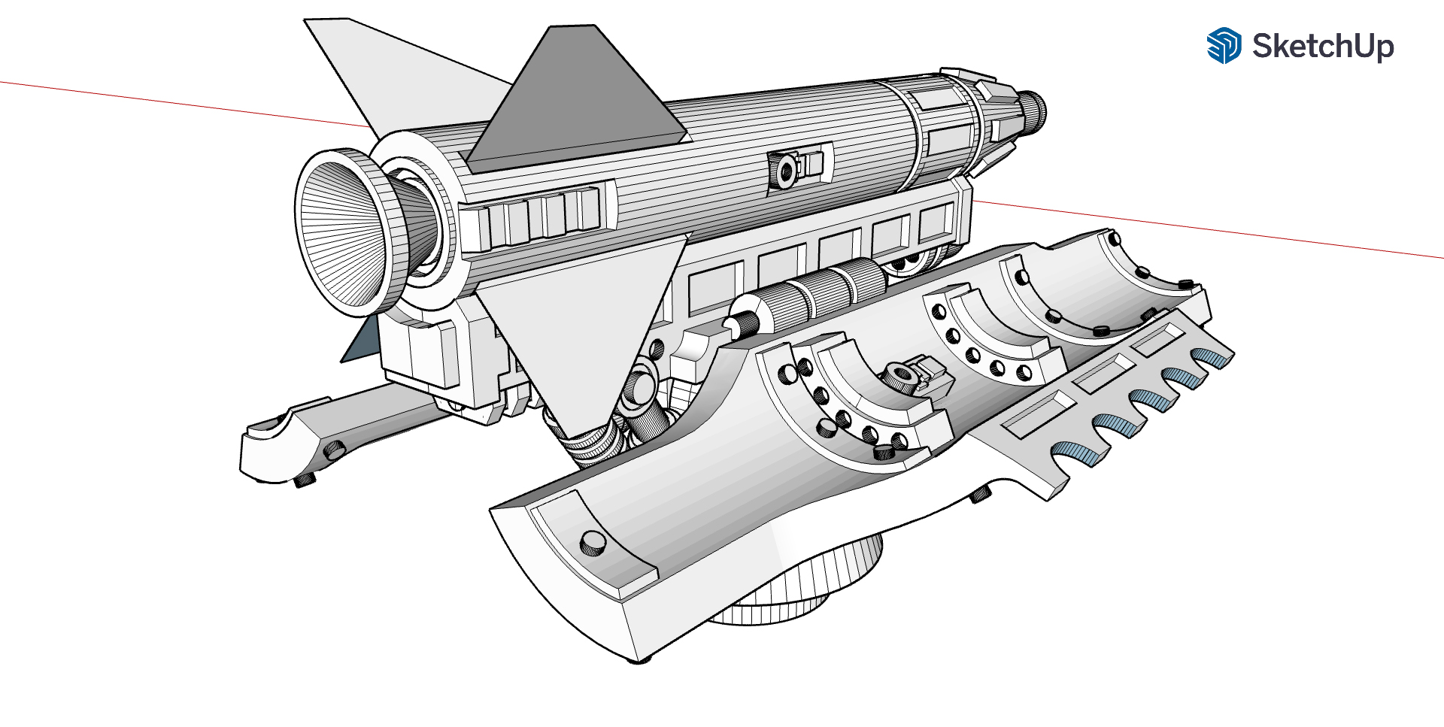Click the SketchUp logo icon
(x=1224, y=46)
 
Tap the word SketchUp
(x=1323, y=47)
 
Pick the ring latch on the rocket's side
(x=786, y=170)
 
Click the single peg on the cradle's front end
(x=593, y=543)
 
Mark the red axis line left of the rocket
(x=185, y=104)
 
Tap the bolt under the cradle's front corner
(x=640, y=660)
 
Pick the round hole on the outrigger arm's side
(x=333, y=450)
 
